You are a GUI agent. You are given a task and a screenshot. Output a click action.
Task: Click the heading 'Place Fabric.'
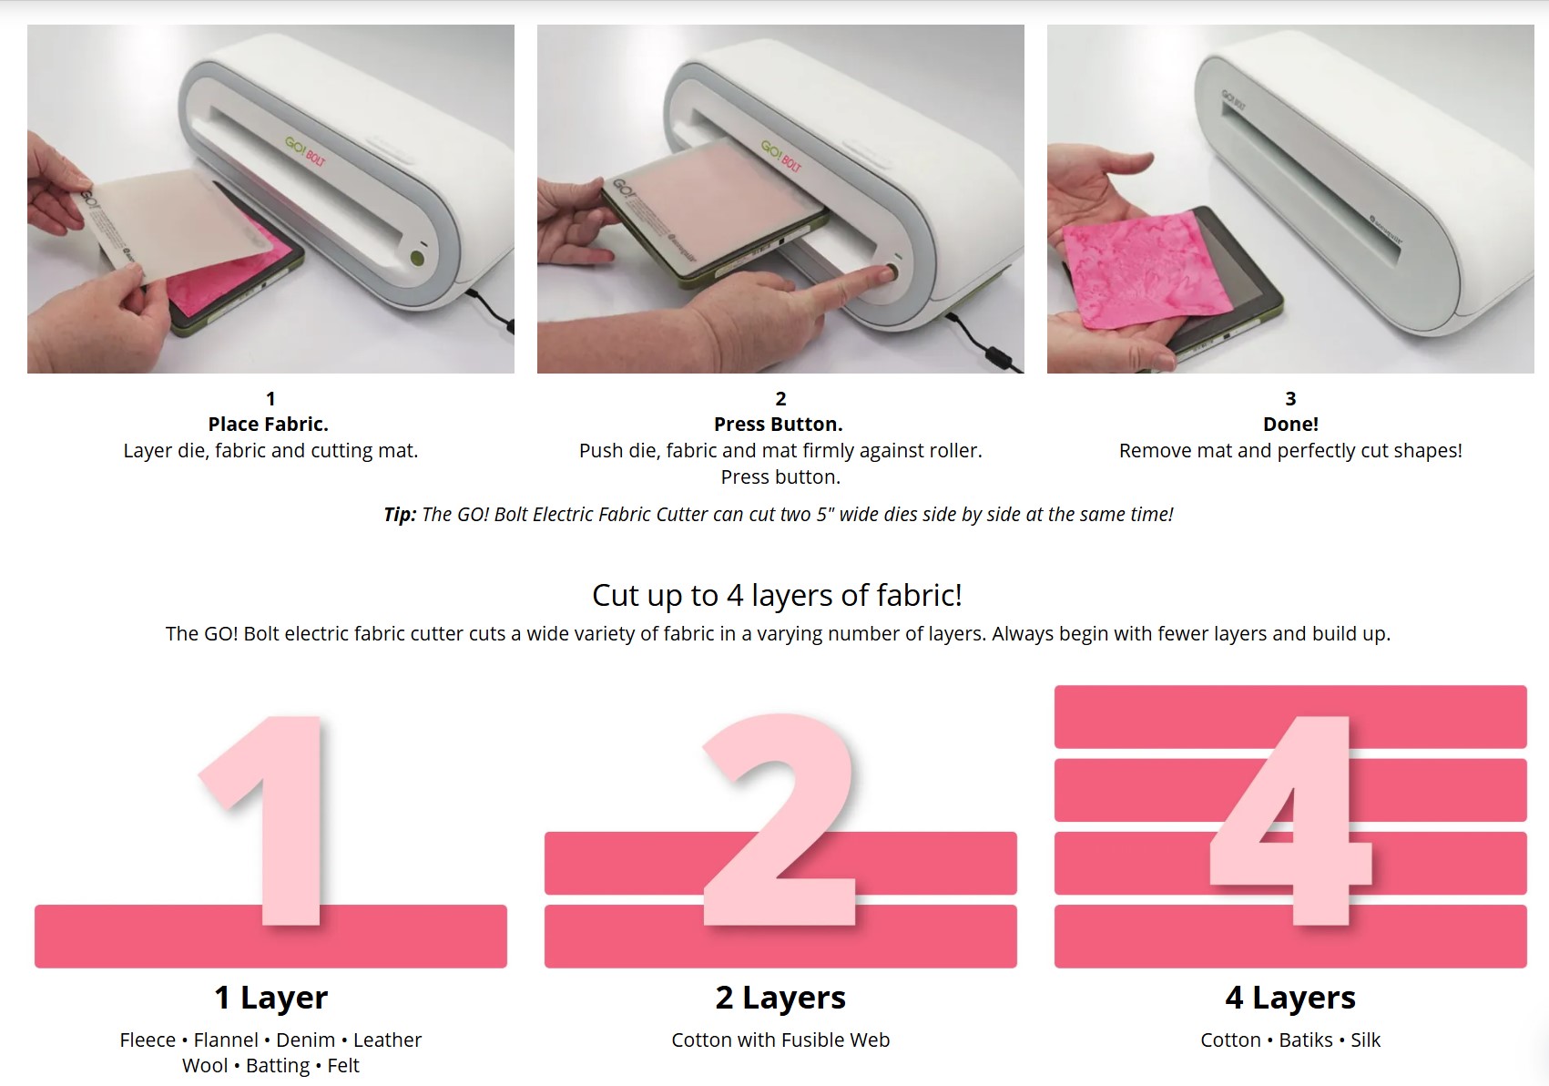(x=269, y=424)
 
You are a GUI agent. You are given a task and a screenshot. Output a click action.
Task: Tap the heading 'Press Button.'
(x=779, y=424)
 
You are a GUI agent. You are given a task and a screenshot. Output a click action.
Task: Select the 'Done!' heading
(x=1290, y=424)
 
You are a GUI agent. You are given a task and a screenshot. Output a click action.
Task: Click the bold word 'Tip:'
(x=401, y=515)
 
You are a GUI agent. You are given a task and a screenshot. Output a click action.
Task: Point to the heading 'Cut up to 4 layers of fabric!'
(x=778, y=595)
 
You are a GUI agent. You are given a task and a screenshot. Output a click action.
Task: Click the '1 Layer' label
(x=271, y=998)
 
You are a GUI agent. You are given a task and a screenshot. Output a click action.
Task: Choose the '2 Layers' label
(x=780, y=998)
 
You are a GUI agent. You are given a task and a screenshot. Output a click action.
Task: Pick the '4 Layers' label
(x=1290, y=998)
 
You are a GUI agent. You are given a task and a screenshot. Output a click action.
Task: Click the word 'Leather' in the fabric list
(x=387, y=1040)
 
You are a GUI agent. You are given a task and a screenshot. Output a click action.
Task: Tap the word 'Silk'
(x=1366, y=1040)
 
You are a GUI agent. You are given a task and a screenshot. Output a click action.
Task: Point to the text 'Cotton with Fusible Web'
(x=780, y=1040)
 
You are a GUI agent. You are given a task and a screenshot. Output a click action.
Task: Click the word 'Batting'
(x=278, y=1065)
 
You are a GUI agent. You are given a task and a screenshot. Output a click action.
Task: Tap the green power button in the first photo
(x=417, y=258)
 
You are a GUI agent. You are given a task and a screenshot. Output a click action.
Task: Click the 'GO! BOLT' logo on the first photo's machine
(x=305, y=151)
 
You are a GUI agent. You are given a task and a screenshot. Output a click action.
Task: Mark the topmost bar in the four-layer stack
(x=1290, y=717)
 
